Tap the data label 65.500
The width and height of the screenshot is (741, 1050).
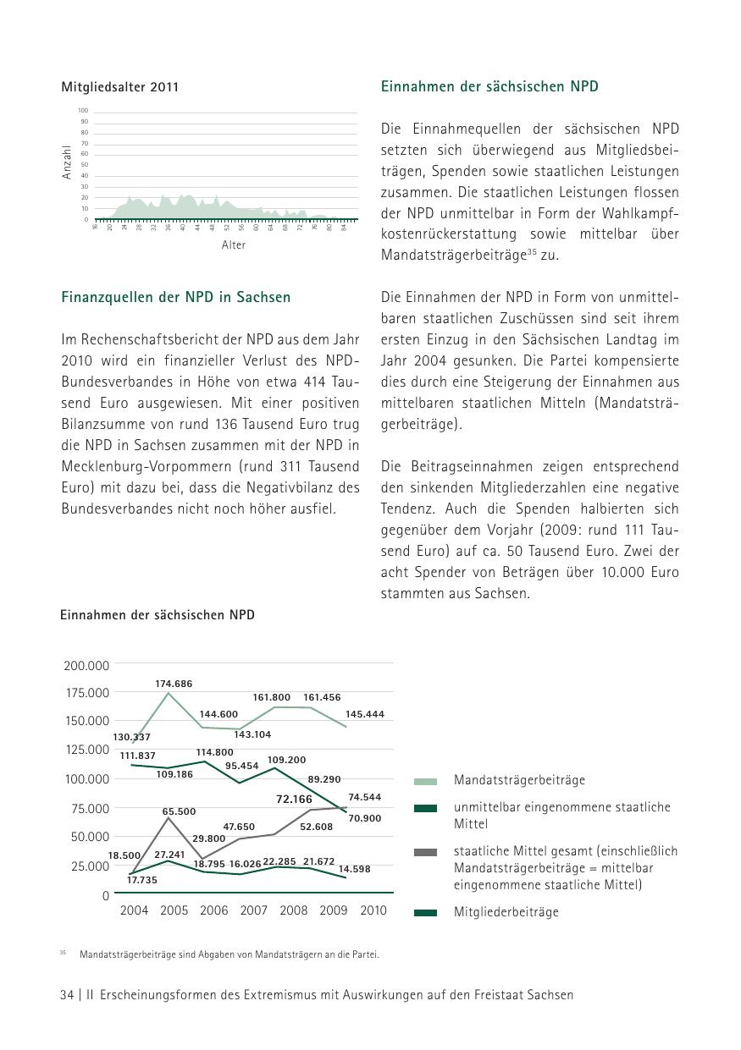click(180, 811)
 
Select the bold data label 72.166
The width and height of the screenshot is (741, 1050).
click(295, 799)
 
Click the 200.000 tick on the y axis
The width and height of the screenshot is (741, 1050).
click(86, 666)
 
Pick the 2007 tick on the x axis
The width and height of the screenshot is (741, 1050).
click(254, 910)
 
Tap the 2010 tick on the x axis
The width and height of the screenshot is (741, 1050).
click(373, 910)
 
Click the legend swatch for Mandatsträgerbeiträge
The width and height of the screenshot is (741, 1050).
click(426, 782)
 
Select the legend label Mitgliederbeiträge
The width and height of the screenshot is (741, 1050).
click(506, 912)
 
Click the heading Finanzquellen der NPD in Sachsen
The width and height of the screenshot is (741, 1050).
click(176, 297)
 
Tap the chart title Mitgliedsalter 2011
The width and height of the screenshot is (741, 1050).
click(120, 87)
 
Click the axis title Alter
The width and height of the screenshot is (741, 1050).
click(234, 245)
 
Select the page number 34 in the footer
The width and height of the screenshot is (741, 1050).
click(68, 995)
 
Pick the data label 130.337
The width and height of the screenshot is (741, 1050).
click(131, 737)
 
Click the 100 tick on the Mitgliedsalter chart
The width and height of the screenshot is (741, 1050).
click(83, 111)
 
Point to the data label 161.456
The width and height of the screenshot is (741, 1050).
click(322, 697)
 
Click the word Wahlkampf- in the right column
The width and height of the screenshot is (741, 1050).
click(643, 213)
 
